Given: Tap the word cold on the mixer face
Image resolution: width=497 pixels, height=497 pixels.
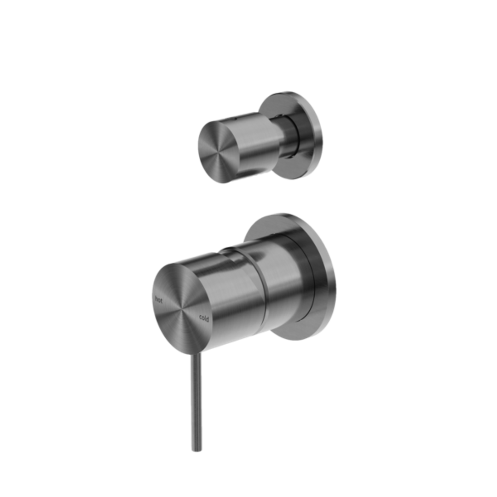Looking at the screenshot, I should [204, 318].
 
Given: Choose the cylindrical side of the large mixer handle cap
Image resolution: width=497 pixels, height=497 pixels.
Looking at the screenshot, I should [230, 295].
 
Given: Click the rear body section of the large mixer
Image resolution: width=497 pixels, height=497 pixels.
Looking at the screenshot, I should [285, 285].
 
